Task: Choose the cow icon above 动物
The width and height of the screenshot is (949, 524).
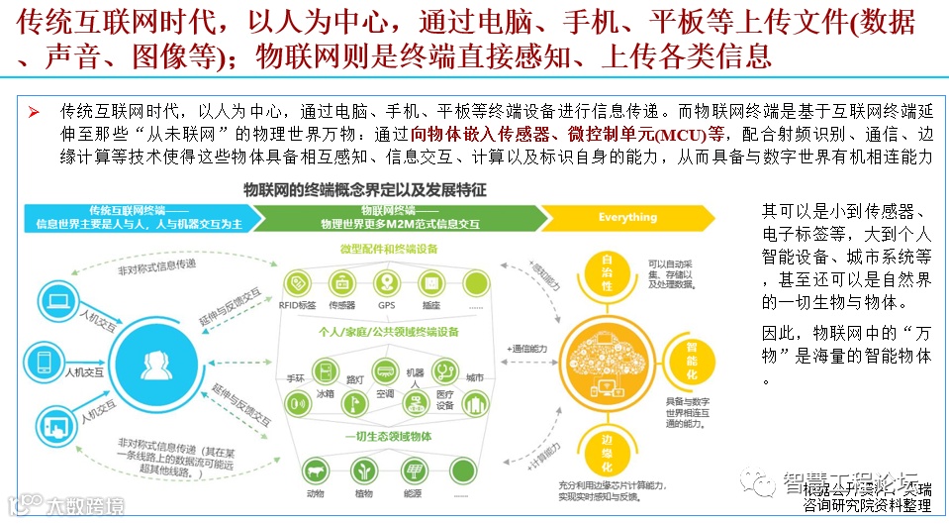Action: pos(317,469)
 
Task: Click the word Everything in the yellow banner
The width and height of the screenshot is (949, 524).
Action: pos(627,217)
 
